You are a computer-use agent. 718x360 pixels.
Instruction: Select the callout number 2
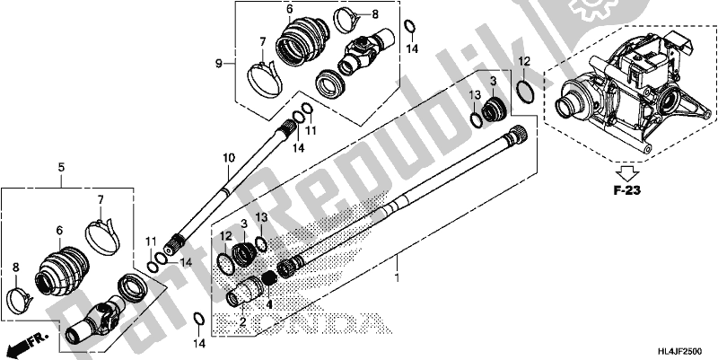[x=241, y=320]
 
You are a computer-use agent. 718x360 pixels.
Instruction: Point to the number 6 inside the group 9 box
[x=290, y=11]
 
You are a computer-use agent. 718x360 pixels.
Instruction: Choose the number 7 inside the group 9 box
[x=262, y=41]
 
